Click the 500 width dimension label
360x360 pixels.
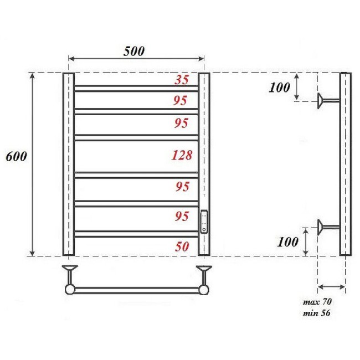click(133, 51)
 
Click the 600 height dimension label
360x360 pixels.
click(17, 157)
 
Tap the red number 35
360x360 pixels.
click(182, 80)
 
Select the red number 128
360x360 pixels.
click(181, 156)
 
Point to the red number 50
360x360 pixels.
click(182, 247)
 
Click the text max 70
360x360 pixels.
click(317, 302)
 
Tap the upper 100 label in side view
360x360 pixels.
click(280, 87)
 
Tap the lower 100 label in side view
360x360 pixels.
click(287, 241)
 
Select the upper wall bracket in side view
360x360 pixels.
click(328, 100)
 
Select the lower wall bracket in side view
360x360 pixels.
click(328, 225)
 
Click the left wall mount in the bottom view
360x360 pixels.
click(70, 272)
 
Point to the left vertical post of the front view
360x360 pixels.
click(68, 164)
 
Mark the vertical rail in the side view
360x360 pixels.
click(345, 164)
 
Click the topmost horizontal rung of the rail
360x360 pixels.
click(136, 88)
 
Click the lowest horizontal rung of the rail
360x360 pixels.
click(136, 234)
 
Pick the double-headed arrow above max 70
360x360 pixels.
click(331, 287)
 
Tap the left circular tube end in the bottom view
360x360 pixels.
click(70, 289)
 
